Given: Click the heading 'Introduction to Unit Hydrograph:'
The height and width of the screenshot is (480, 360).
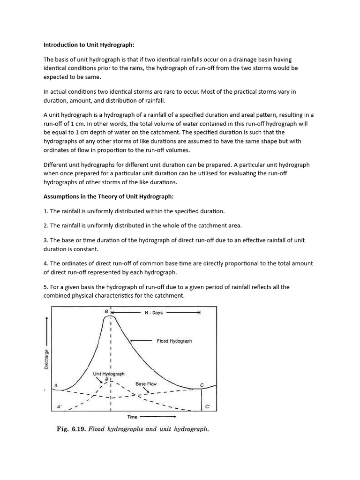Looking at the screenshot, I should (x=89, y=45).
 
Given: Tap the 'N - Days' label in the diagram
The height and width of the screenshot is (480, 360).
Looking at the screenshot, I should (x=154, y=313).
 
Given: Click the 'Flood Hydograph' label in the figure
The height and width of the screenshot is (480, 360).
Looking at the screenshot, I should (x=174, y=341).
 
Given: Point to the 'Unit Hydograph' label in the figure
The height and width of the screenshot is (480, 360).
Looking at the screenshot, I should (x=109, y=374).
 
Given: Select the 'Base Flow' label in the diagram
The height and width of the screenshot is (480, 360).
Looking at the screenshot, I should (x=146, y=383).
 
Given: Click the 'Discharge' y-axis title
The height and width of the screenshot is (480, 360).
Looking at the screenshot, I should (x=46, y=359).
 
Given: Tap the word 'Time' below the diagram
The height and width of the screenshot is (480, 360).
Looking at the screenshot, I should (x=133, y=416).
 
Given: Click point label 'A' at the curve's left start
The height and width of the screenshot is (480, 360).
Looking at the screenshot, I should (x=56, y=385).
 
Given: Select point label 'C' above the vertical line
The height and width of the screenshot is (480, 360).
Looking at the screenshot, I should (x=202, y=385).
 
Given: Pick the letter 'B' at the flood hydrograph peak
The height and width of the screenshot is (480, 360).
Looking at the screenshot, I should (x=106, y=312).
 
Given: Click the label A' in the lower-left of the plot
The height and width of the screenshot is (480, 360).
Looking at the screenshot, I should (x=60, y=406).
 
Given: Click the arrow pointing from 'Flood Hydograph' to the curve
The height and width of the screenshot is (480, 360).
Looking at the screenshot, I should (x=140, y=341).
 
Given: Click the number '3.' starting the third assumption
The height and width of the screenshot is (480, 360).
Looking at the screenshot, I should (x=46, y=240).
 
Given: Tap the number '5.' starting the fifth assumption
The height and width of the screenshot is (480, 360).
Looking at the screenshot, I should (x=46, y=287).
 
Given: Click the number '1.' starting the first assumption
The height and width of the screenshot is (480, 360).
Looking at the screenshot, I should (x=46, y=211).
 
